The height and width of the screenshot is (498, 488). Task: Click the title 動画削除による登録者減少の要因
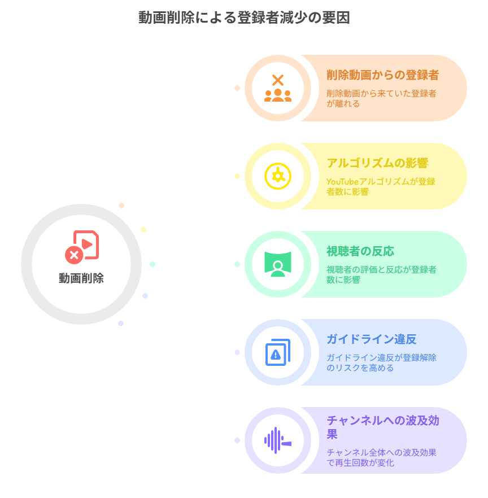pos(244,18)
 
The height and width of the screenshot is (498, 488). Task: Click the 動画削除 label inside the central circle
pos(81,278)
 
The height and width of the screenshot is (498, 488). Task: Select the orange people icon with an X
pos(277,88)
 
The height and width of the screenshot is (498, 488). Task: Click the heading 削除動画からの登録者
pos(382,75)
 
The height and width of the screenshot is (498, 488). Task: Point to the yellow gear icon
pos(277,176)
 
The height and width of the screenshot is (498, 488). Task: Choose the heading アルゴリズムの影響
pos(377,163)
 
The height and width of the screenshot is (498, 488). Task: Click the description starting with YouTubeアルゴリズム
pos(381,187)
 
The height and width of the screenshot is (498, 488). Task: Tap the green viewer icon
pos(277,264)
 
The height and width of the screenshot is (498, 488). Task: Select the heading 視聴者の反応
pos(360,251)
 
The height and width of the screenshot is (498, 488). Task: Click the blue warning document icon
pos(277,352)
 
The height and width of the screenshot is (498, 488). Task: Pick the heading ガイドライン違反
pos(371,339)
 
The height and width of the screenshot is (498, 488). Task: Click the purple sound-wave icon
pos(277,440)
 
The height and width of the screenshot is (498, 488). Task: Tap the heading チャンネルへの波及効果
pos(382,427)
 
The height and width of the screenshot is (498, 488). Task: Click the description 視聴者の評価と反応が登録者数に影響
pos(381,275)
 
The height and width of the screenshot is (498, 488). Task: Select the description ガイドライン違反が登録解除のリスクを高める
pos(381,363)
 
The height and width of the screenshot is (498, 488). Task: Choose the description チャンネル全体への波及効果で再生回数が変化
pos(381,458)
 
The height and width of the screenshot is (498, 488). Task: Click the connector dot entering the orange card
pos(237,88)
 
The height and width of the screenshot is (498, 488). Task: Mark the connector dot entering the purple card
pos(237,440)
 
